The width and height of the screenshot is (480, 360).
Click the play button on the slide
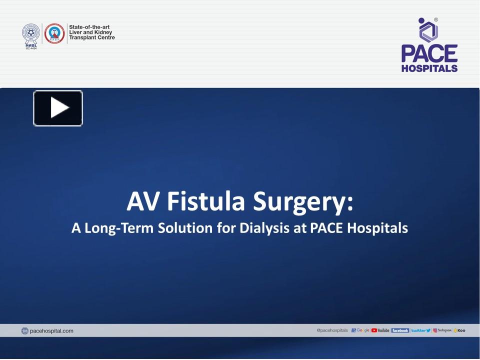(58, 108)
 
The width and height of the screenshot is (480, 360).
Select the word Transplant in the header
(82, 37)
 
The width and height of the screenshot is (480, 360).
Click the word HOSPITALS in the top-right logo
(429, 68)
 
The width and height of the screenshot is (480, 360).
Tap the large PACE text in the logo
(429, 54)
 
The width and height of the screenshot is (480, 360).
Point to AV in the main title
(144, 201)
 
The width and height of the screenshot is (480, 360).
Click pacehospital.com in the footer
(51, 330)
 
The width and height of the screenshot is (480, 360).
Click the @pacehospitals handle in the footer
(332, 330)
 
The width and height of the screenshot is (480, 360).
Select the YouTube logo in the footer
(380, 330)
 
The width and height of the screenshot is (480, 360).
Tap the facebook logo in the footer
(400, 330)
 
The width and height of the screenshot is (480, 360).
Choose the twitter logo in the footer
(421, 330)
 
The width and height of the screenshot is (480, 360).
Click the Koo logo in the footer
(459, 330)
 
